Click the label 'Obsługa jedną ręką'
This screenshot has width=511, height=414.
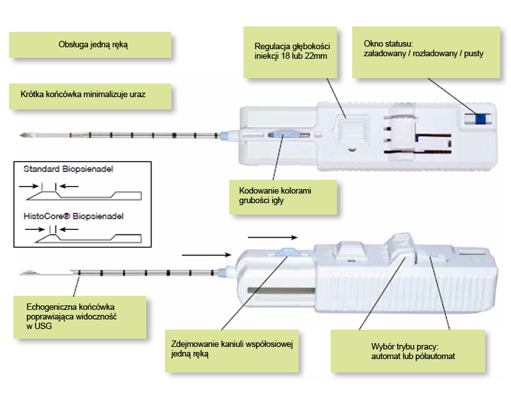[x=93, y=45]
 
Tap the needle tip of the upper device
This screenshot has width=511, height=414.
[x=24, y=135]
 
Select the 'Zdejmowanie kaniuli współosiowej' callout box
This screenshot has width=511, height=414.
[x=232, y=349]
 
